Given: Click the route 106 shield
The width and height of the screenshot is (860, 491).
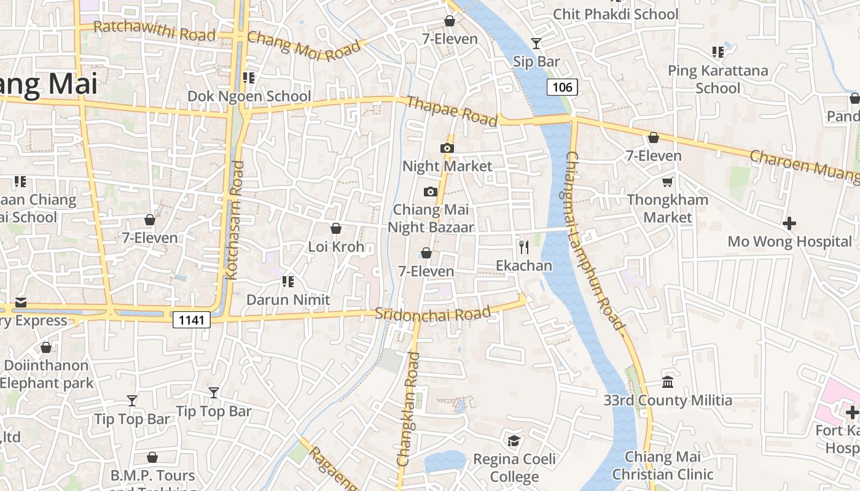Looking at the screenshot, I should coord(562,87).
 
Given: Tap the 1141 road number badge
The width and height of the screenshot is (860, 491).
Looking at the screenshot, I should coord(192,319).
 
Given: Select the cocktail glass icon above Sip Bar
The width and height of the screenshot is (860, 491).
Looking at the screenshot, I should coord(536,43).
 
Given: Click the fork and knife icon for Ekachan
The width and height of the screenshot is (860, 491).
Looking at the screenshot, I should coord(524,247).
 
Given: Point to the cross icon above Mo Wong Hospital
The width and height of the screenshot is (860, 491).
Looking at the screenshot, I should coord(789,223).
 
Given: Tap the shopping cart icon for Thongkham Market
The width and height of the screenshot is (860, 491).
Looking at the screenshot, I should coord(668,182).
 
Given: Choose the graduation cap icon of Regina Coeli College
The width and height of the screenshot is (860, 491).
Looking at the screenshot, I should coord(514,441).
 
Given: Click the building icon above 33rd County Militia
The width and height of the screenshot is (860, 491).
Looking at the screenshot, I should coord(668,382).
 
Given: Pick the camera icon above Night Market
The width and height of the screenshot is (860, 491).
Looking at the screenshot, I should coord(447,148).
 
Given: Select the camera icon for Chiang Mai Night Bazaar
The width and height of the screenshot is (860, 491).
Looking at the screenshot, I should coord(431,191).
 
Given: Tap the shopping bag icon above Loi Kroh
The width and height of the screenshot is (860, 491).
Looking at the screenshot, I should coord(336,229).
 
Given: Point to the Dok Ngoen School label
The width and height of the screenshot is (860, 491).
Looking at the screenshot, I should coord(249,96).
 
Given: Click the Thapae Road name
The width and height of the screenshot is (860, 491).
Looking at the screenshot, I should coord(451,111).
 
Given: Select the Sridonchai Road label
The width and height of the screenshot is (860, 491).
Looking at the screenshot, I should coord(433,314).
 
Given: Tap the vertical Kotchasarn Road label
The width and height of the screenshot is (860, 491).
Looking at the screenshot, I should coord(235,220).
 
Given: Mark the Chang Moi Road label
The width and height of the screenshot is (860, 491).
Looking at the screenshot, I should coord(303,46).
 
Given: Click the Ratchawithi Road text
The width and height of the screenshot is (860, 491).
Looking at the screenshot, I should coord(154,30).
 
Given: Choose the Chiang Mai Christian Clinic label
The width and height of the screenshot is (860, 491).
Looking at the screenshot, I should coord(663,465).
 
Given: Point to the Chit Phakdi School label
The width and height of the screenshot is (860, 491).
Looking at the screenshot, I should coord(616,14).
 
